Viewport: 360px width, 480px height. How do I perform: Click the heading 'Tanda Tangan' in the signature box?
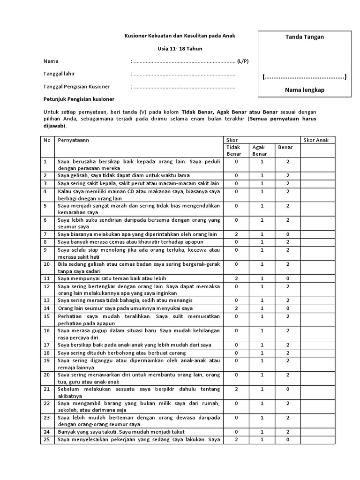[305, 37]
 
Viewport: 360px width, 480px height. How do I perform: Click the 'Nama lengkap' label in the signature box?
[305, 90]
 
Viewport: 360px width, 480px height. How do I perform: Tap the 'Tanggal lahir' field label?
[59, 74]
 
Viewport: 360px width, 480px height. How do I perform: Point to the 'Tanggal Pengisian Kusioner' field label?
[77, 87]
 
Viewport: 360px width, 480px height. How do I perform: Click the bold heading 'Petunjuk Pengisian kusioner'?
[79, 99]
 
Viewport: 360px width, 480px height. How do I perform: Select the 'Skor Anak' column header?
[316, 140]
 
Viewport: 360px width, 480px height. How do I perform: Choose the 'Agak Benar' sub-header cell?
[260, 150]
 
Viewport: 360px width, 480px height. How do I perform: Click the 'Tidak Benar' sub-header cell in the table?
[234, 150]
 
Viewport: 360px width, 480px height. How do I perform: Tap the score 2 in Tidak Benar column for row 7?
[236, 234]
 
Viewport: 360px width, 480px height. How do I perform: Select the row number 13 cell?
[46, 300]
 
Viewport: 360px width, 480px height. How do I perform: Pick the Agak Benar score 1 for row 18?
[262, 352]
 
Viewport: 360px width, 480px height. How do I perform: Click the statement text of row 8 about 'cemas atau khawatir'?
[134, 241]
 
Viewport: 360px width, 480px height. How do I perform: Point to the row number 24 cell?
[46, 432]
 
